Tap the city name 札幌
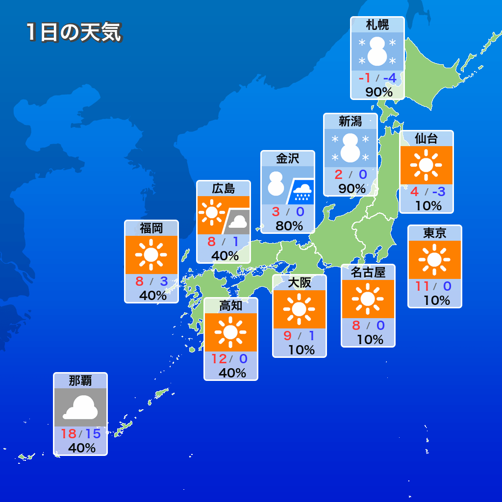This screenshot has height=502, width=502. (x=377, y=25)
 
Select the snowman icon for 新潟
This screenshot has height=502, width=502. (x=351, y=148)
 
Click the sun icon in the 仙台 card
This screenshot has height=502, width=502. (x=426, y=165)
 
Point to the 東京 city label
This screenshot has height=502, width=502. (x=435, y=233)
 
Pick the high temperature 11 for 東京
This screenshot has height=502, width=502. (x=422, y=286)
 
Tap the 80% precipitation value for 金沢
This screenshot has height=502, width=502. (x=289, y=226)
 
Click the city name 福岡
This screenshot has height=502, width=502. (x=151, y=228)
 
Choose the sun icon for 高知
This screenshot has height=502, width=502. (x=230, y=332)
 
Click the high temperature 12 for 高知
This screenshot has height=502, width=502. (x=219, y=359)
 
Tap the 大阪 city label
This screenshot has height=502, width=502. (x=300, y=283)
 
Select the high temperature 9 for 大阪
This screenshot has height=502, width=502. (x=288, y=336)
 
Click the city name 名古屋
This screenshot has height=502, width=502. (x=368, y=273)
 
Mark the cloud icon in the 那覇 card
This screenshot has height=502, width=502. (x=80, y=407)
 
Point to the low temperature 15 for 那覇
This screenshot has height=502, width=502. (x=92, y=434)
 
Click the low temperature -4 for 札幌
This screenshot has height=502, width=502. (x=390, y=78)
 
